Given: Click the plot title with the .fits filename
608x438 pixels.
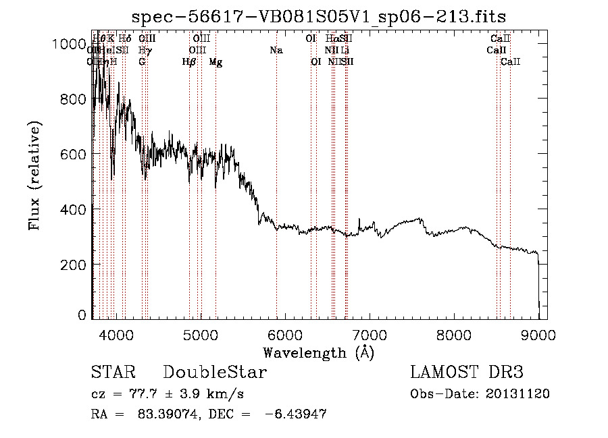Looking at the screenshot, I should [319, 16].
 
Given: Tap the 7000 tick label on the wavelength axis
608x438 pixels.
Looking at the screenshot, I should [370, 335].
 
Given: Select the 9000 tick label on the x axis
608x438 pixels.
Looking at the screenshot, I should [538, 335].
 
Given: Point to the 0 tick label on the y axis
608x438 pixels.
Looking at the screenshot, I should [82, 315].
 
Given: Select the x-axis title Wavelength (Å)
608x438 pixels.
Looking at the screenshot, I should [318, 352].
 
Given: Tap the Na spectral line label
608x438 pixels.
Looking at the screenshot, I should [276, 50].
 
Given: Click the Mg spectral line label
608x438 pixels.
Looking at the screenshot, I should [216, 62].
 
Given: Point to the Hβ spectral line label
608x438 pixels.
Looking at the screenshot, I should [189, 62].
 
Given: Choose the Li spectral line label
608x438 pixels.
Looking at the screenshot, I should [345, 50].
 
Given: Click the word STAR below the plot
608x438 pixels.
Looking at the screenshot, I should [113, 373].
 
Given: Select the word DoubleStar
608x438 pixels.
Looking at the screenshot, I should [215, 373].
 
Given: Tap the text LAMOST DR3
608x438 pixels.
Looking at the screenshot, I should [467, 373].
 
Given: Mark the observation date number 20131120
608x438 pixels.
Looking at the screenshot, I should [515, 394].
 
